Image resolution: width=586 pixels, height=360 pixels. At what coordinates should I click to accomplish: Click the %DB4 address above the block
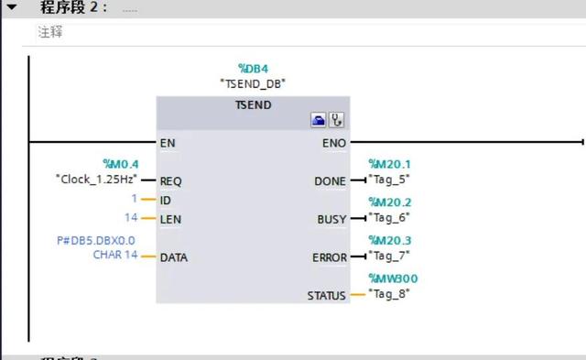click(x=253, y=68)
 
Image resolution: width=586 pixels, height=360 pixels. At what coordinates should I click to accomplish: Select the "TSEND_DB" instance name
click(x=253, y=83)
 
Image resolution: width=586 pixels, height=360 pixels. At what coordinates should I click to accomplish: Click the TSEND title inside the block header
click(x=253, y=105)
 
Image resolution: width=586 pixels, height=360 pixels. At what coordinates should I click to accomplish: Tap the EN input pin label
click(x=167, y=143)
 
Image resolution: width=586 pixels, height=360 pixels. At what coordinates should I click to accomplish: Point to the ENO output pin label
click(x=334, y=143)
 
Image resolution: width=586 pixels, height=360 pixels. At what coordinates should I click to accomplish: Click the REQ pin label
click(x=170, y=180)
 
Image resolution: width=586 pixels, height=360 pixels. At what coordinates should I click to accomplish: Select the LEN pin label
click(x=169, y=218)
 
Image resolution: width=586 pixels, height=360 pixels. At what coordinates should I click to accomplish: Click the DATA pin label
click(x=173, y=257)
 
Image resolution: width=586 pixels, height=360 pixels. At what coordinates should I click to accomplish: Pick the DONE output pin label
click(x=330, y=181)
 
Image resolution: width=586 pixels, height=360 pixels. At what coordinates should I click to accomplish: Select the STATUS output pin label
click(x=326, y=296)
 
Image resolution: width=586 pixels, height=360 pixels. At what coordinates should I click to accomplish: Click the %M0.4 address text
click(x=119, y=164)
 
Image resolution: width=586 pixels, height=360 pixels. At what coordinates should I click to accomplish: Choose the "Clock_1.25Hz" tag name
click(x=96, y=179)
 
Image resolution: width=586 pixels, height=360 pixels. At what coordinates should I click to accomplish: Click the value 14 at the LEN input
click(x=131, y=217)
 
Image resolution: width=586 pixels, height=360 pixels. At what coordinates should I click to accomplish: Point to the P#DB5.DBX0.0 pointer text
click(x=97, y=241)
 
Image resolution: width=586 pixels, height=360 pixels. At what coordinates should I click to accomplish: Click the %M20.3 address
click(x=389, y=240)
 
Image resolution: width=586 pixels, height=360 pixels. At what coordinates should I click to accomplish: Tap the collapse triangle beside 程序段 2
click(x=12, y=6)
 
